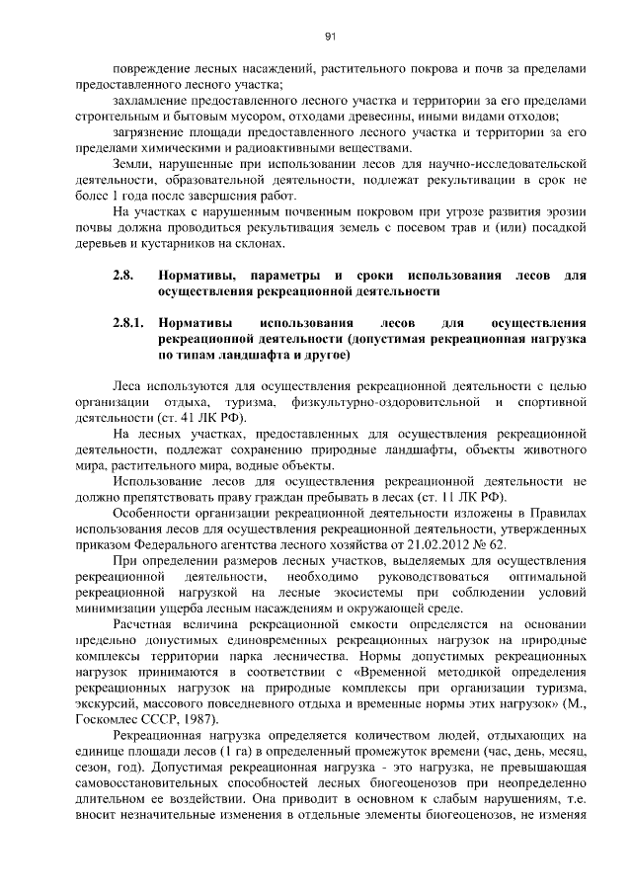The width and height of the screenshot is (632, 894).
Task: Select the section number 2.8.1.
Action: pos(128,323)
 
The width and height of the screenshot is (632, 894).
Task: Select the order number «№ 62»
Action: pos(491,543)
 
